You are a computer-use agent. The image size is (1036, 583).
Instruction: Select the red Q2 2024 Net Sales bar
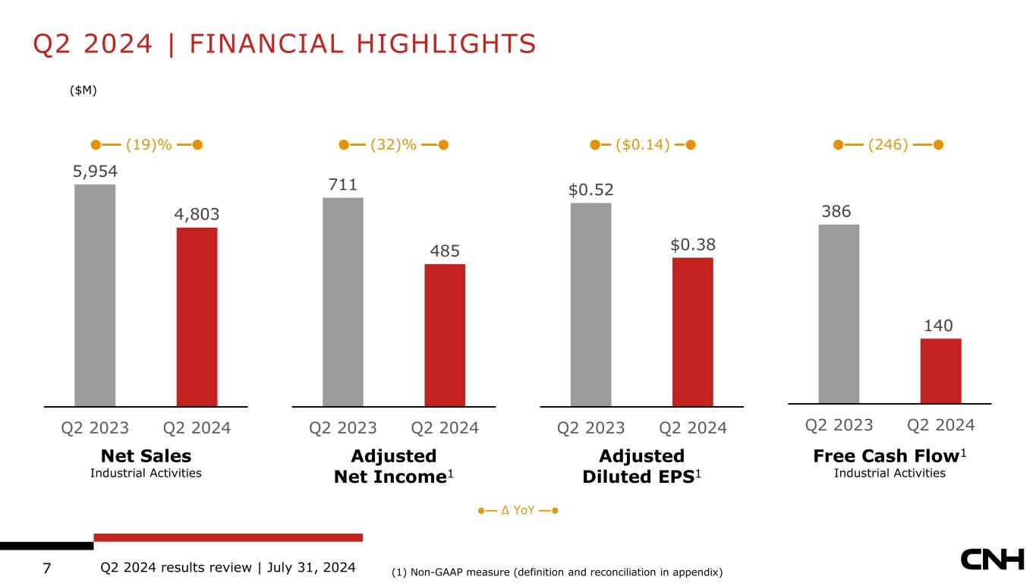(197, 317)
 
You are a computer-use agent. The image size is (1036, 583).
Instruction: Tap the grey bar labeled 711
(343, 301)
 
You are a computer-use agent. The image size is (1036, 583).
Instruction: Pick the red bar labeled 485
(445, 335)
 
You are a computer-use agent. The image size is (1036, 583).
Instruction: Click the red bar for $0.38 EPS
(692, 332)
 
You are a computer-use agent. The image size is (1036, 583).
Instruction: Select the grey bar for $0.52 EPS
(590, 304)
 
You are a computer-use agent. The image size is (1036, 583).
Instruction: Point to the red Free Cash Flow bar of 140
(940, 370)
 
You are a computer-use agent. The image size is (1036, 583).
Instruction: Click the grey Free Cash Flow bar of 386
(839, 314)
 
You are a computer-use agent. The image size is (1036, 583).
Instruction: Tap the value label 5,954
(95, 172)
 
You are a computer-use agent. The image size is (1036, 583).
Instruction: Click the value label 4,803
(197, 215)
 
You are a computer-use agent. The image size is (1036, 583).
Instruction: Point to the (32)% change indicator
(393, 144)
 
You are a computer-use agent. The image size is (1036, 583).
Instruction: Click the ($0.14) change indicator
(642, 144)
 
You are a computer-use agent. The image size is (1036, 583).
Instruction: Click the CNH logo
(992, 561)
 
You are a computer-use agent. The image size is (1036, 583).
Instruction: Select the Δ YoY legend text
(518, 510)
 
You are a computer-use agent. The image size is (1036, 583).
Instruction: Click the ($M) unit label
(83, 90)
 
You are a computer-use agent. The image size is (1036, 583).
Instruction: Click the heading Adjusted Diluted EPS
(641, 465)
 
